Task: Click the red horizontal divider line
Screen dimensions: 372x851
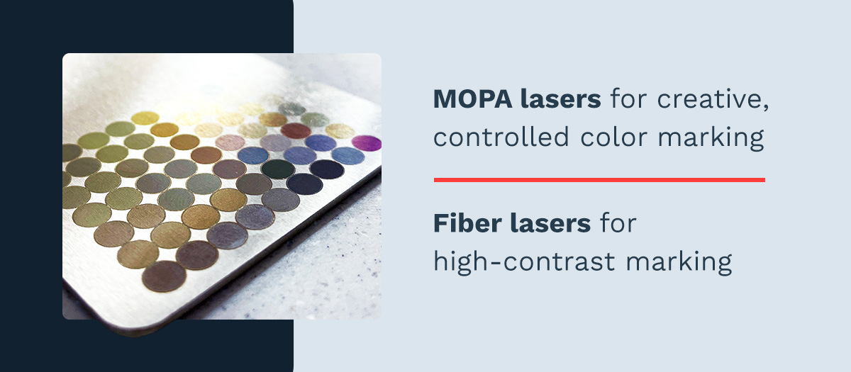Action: tap(599, 180)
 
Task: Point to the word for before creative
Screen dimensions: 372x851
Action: tap(627, 100)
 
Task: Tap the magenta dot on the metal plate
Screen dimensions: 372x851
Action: tap(366, 142)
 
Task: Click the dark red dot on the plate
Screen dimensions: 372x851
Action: tap(296, 130)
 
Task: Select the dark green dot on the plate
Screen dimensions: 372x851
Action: tap(277, 168)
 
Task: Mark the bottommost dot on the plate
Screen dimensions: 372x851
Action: tap(165, 276)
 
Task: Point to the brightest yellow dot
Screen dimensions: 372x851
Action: tap(145, 118)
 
